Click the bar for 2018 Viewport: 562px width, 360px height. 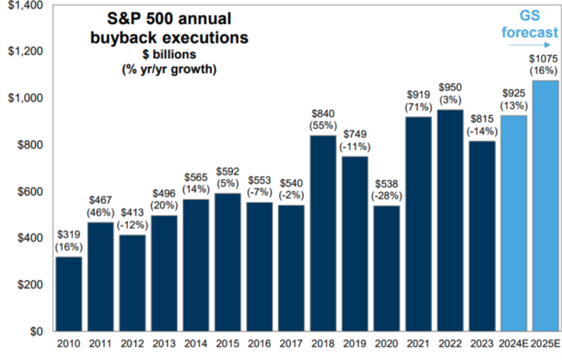tap(323, 233)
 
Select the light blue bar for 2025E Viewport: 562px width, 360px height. tap(545, 206)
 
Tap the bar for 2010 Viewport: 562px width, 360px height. tap(69, 294)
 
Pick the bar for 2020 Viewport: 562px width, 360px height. tap(386, 268)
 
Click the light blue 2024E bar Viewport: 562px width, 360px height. tap(514, 223)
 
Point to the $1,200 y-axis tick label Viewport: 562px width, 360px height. tap(26, 51)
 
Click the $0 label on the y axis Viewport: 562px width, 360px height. tap(36, 331)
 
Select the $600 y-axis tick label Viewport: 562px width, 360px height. tap(30, 192)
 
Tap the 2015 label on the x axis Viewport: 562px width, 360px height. tap(227, 344)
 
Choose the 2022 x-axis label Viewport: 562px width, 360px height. tap(450, 344)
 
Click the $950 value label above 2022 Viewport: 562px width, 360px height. tap(450, 88)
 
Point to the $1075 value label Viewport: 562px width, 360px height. tap(544, 58)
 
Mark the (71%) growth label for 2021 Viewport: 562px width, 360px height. tap(418, 107)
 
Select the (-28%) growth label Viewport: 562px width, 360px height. tap(386, 196)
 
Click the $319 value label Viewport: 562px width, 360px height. tap(69, 235)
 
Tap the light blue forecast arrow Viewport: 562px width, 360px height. tap(530, 45)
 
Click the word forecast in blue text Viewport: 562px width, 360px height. tap(530, 32)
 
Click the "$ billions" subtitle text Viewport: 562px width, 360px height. tap(169, 55)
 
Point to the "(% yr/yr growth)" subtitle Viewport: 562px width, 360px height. tap(169, 69)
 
